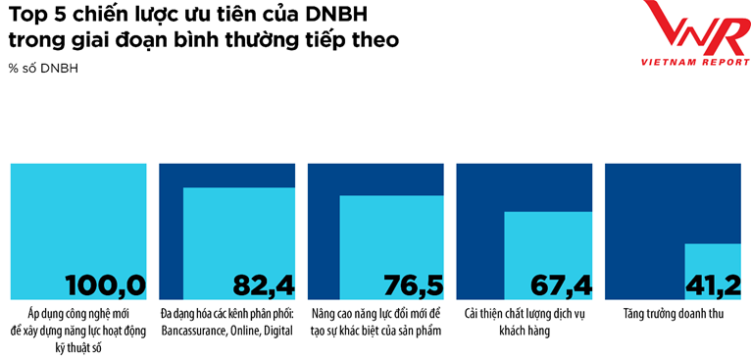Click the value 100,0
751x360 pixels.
[105, 284]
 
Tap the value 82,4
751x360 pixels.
[264, 284]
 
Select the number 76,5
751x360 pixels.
[414, 284]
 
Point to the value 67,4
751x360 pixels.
[561, 284]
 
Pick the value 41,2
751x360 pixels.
[711, 284]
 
